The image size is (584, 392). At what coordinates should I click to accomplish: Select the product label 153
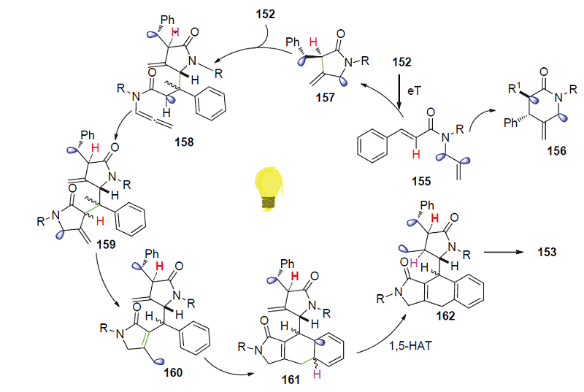click(543, 251)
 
